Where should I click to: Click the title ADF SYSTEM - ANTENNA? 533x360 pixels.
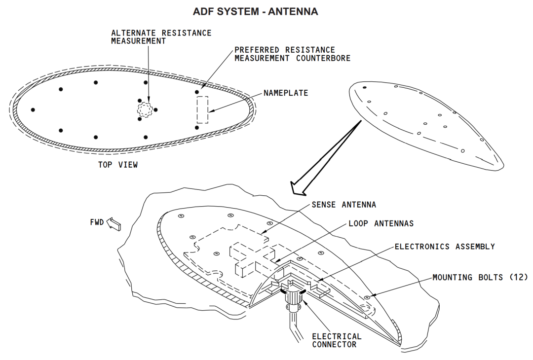255,11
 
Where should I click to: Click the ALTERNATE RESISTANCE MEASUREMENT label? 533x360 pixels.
161,37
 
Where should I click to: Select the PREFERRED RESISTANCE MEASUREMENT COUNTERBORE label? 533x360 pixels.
292,54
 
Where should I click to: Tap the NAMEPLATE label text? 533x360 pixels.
285,93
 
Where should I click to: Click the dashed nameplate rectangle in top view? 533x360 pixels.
202,109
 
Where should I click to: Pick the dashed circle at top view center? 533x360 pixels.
146,109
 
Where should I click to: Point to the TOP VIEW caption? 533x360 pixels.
118,165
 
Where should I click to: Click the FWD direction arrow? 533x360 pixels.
114,224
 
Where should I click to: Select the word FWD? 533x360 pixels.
97,222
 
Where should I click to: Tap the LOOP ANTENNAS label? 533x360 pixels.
381,223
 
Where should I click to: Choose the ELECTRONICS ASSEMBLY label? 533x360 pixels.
444,246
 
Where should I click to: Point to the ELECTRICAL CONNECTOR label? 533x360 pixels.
337,340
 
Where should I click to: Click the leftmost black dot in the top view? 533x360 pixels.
33,109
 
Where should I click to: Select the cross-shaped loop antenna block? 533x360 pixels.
251,257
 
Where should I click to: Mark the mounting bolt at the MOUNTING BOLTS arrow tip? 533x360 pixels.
367,297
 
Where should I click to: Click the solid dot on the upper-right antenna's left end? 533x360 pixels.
365,87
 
